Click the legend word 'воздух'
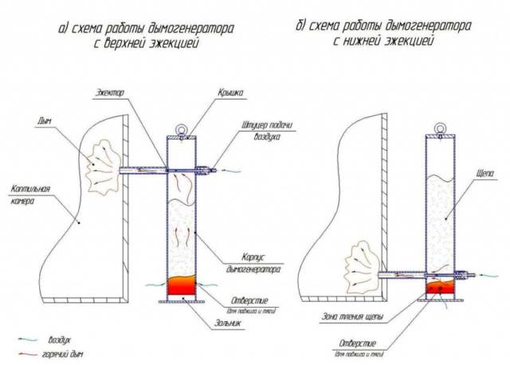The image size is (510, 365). click(x=61, y=337)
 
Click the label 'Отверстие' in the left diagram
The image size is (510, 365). click(x=237, y=301)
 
